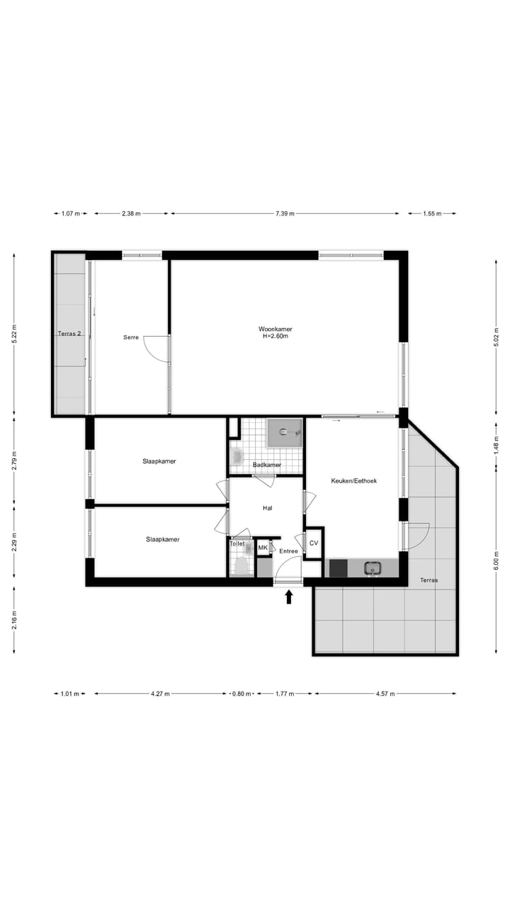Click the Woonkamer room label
pyautogui.click(x=276, y=329)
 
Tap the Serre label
pyautogui.click(x=130, y=337)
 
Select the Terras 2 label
pyautogui.click(x=69, y=333)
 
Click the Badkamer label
pyautogui.click(x=266, y=465)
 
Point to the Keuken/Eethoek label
pyautogui.click(x=353, y=480)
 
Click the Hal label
pyautogui.click(x=267, y=507)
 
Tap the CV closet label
pyautogui.click(x=314, y=543)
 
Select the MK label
pyautogui.click(x=263, y=548)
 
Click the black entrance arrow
pyautogui.click(x=289, y=597)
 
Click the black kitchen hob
pyautogui.click(x=338, y=568)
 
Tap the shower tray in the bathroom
pyautogui.click(x=284, y=432)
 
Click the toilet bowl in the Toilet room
pyautogui.click(x=241, y=565)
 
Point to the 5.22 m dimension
pyautogui.click(x=14, y=334)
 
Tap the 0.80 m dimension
pyautogui.click(x=242, y=694)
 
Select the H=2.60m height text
pyautogui.click(x=276, y=337)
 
